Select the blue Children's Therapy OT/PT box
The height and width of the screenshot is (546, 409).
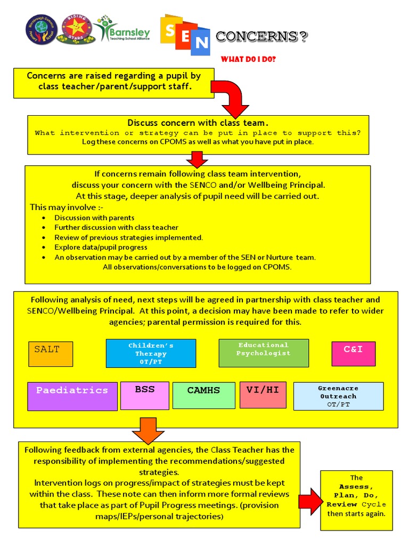click(x=151, y=354)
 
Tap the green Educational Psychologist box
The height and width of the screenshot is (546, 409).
click(x=264, y=353)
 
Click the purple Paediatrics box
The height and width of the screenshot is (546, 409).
click(x=72, y=396)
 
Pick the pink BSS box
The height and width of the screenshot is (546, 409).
click(x=144, y=395)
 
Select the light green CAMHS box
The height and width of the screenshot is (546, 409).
click(x=203, y=396)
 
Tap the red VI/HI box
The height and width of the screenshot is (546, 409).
click(x=263, y=395)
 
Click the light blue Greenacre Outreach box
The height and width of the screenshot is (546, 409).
click(x=338, y=396)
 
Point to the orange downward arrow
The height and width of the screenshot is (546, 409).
click(x=148, y=430)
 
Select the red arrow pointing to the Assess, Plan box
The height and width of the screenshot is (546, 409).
click(x=310, y=502)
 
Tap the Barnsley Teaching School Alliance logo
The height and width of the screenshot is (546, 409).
click(x=123, y=30)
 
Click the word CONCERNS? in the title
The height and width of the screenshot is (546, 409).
click(x=261, y=37)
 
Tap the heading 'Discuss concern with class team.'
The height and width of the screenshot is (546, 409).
click(x=198, y=123)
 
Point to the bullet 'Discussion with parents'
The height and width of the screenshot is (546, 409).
click(x=94, y=218)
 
